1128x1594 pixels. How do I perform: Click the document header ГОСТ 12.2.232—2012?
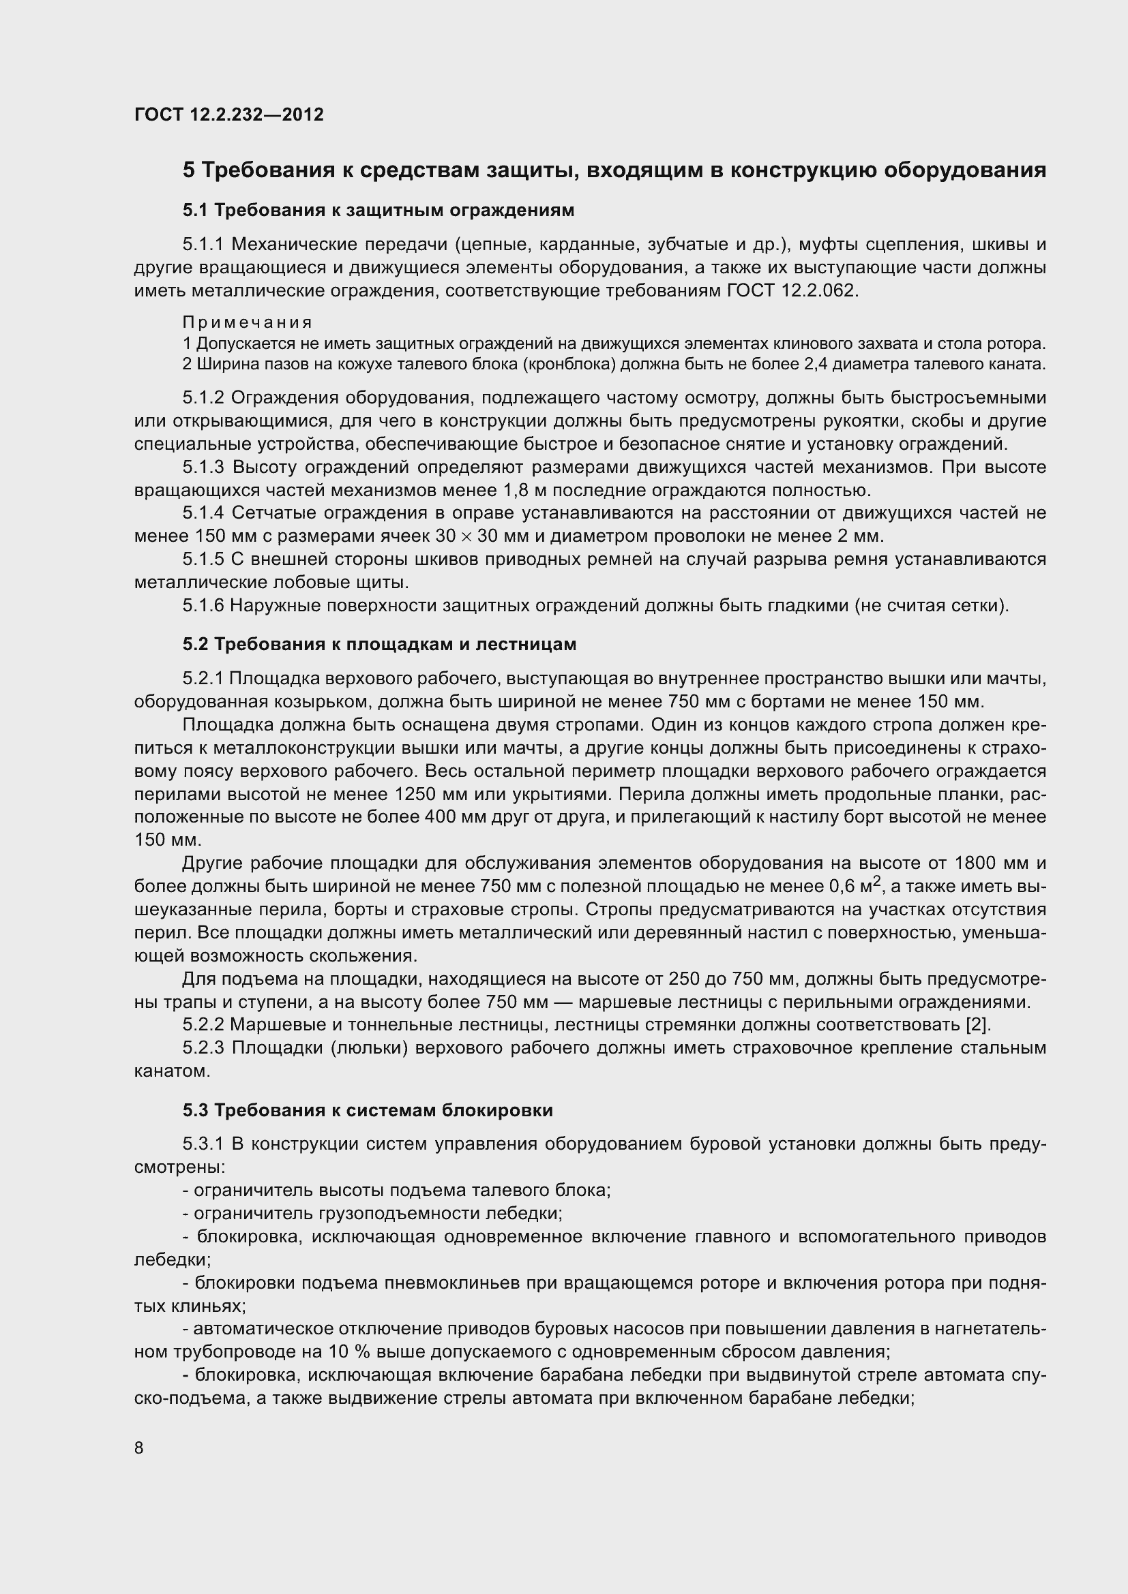tap(228, 114)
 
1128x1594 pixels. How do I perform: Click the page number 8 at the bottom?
tap(139, 1448)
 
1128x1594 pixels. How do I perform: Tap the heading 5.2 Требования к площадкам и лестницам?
tap(379, 644)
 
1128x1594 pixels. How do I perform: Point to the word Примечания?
tap(248, 323)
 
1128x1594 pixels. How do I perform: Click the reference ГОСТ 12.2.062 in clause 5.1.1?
tap(791, 291)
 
